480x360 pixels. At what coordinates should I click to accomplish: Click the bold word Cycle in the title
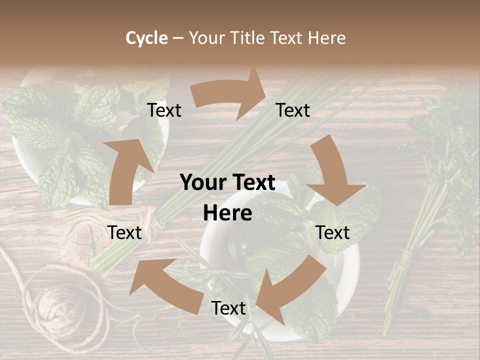pos(146,38)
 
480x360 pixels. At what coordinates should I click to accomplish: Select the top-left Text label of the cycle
pos(164,110)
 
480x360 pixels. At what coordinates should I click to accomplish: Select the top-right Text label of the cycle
pos(293,110)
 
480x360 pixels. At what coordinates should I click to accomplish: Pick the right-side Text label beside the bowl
pos(332,232)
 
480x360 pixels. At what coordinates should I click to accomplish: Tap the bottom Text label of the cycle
pos(228,308)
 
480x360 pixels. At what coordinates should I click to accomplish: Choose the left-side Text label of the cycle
pos(124,232)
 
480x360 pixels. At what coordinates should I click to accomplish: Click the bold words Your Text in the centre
pos(227,183)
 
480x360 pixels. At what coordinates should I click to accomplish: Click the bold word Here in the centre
pos(227,213)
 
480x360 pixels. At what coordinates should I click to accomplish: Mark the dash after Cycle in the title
pos(178,38)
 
